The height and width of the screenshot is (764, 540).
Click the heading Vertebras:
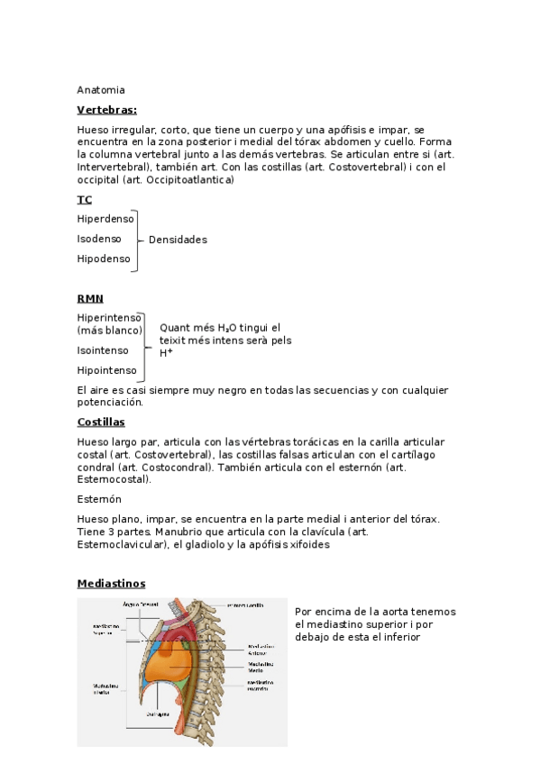click(x=106, y=110)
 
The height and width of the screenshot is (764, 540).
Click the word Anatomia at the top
click(x=101, y=90)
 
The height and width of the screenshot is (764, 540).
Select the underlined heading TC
click(x=85, y=199)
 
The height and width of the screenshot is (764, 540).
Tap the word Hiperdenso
click(x=105, y=219)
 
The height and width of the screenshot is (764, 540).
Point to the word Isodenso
click(x=99, y=239)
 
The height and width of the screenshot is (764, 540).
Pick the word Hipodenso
click(x=104, y=259)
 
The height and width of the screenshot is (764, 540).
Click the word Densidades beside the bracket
click(x=178, y=240)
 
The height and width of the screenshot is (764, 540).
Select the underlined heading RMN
click(x=90, y=298)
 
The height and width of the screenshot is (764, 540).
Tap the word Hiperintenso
click(x=109, y=318)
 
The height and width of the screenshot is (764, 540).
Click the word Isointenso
click(x=103, y=350)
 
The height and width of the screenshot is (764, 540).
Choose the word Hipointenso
click(x=107, y=370)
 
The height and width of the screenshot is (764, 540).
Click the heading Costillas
click(x=101, y=422)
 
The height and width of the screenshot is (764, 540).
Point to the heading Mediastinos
click(x=111, y=584)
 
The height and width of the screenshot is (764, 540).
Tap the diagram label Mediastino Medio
click(x=261, y=667)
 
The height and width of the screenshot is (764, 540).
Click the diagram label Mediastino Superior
click(x=105, y=629)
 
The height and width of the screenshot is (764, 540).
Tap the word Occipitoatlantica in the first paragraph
click(x=191, y=180)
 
